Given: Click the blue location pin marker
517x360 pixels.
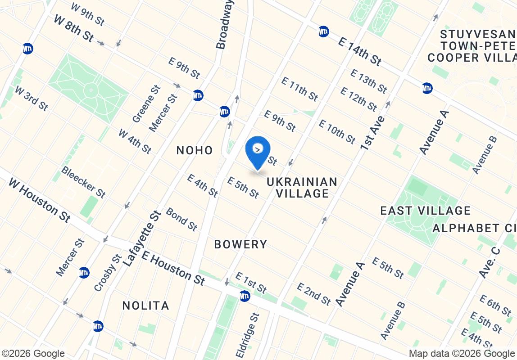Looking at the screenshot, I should coord(258,151).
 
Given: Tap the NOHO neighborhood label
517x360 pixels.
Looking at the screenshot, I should coord(195,150).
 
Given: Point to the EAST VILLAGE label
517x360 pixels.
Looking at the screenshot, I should coord(425,211).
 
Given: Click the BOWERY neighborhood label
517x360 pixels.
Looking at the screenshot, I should coord(240,244).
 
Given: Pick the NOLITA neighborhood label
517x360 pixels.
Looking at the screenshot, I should coord(146,306).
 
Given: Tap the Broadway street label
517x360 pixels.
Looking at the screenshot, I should coord(226,24).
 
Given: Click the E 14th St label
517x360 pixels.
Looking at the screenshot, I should coord(360,50).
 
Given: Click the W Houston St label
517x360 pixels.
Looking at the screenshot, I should coord(40,200).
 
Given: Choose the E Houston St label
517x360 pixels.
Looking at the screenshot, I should coord(173,268).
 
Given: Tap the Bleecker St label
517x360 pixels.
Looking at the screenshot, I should coord(83,182).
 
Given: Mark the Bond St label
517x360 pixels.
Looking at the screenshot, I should coord(181,219).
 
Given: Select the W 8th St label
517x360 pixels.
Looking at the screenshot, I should coord(73,28).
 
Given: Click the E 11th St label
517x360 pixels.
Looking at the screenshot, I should coord(299,89).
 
